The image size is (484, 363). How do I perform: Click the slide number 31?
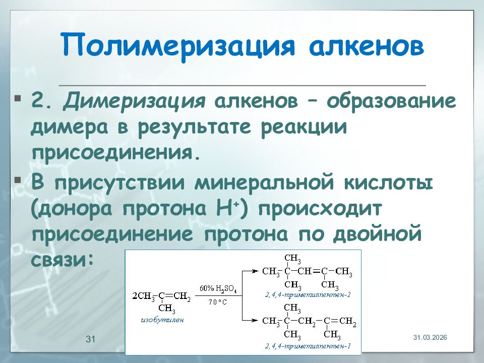[x=91, y=339]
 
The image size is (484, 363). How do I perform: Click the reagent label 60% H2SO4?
[x=218, y=289]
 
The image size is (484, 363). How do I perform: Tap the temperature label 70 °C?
[x=218, y=302]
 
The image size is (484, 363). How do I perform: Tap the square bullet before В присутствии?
[x=18, y=179]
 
